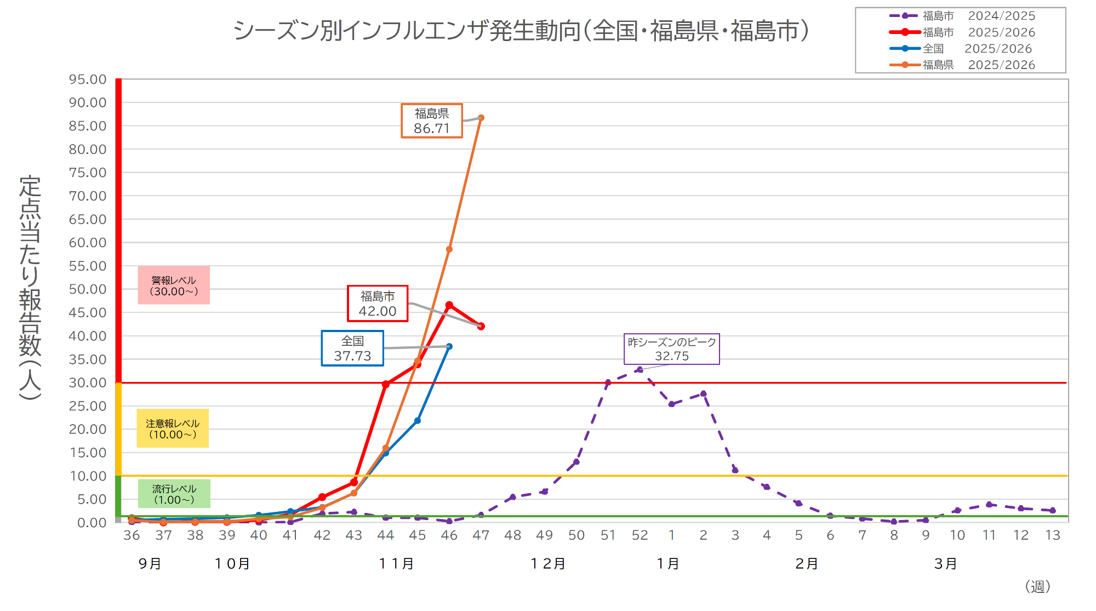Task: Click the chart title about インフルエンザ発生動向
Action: click(x=521, y=31)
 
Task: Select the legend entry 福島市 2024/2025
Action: click(x=962, y=16)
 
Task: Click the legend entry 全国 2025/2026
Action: click(x=962, y=49)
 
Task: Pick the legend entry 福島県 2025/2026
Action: click(x=962, y=65)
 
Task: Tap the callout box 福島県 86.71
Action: click(x=432, y=121)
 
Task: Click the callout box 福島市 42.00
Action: click(x=378, y=304)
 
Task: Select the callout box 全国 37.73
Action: click(x=352, y=349)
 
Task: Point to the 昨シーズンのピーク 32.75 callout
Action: click(x=671, y=349)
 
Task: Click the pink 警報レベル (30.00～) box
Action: click(x=174, y=285)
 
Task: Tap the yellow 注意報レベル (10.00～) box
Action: click(x=173, y=429)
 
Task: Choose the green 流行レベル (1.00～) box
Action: click(x=174, y=494)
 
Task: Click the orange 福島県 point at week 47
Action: click(x=481, y=118)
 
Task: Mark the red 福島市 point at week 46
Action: click(x=449, y=305)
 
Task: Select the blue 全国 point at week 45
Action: click(x=418, y=421)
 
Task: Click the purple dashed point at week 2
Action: click(x=703, y=393)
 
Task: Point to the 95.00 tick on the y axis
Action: click(x=88, y=79)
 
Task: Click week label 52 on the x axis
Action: click(x=640, y=535)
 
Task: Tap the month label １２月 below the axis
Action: click(x=548, y=563)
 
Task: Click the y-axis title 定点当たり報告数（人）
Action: click(x=30, y=288)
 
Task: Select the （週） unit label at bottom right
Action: click(x=1037, y=587)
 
